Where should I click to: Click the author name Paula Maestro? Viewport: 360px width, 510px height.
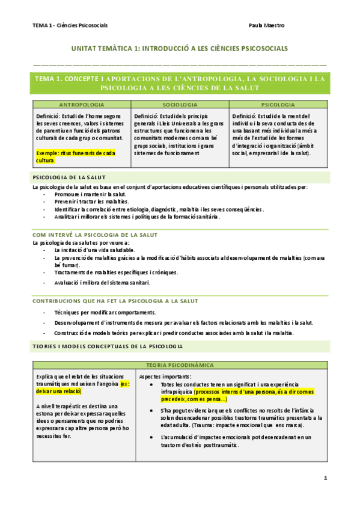click(x=267, y=25)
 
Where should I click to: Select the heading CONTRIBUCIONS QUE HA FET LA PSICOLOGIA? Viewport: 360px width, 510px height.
click(x=115, y=300)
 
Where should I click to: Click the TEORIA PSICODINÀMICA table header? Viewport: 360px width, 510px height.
click(x=180, y=365)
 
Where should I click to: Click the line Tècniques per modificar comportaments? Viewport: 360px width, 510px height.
click(x=105, y=313)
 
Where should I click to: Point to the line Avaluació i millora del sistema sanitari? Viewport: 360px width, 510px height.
click(x=102, y=283)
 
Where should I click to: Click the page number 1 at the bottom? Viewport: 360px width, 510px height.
click(x=325, y=478)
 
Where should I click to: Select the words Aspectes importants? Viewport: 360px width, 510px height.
click(x=165, y=376)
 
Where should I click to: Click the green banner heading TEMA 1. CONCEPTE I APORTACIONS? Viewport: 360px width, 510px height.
click(x=180, y=83)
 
